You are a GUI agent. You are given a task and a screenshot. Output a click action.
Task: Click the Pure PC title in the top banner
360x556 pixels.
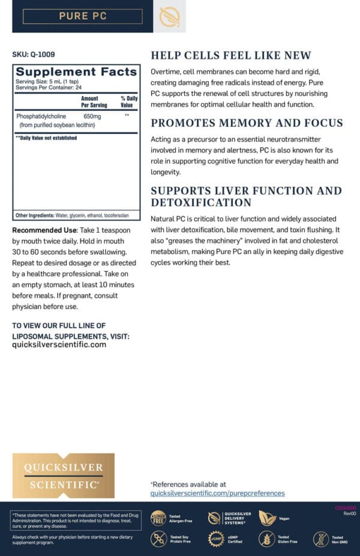[x=83, y=16]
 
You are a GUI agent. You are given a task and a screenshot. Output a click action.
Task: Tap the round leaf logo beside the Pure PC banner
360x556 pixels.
[x=169, y=16]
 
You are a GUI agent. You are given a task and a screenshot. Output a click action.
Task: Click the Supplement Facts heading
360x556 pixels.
[x=76, y=72]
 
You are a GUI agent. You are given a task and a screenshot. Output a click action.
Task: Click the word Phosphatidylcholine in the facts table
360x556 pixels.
[x=41, y=116]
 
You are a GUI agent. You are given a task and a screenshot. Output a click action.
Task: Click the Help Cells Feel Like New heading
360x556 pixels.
[x=231, y=56]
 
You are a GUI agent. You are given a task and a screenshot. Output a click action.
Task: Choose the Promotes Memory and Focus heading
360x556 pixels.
[x=247, y=124]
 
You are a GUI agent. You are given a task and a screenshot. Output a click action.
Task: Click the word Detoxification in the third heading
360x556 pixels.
[x=201, y=202]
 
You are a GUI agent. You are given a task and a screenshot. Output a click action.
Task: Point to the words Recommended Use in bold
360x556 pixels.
[x=45, y=230]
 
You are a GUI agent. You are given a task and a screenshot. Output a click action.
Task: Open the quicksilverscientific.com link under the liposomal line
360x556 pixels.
[x=59, y=344]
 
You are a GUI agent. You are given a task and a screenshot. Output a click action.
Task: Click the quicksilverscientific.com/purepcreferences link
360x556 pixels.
[x=217, y=493]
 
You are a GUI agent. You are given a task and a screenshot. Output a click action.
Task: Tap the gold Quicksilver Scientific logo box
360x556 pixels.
[x=63, y=476]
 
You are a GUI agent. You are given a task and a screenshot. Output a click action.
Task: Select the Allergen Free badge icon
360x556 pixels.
[x=158, y=518]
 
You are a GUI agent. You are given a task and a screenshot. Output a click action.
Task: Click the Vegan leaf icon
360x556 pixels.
[x=266, y=518]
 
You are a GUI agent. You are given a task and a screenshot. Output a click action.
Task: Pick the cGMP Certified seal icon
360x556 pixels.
[x=215, y=539]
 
